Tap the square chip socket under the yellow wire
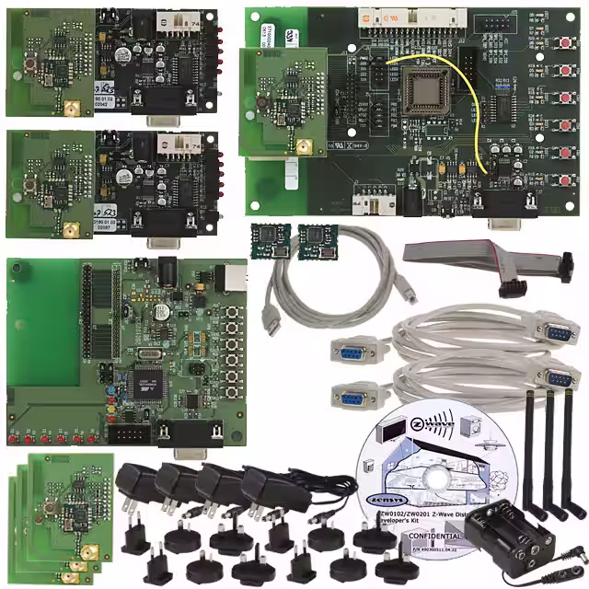424,92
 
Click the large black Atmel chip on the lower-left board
148,377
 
